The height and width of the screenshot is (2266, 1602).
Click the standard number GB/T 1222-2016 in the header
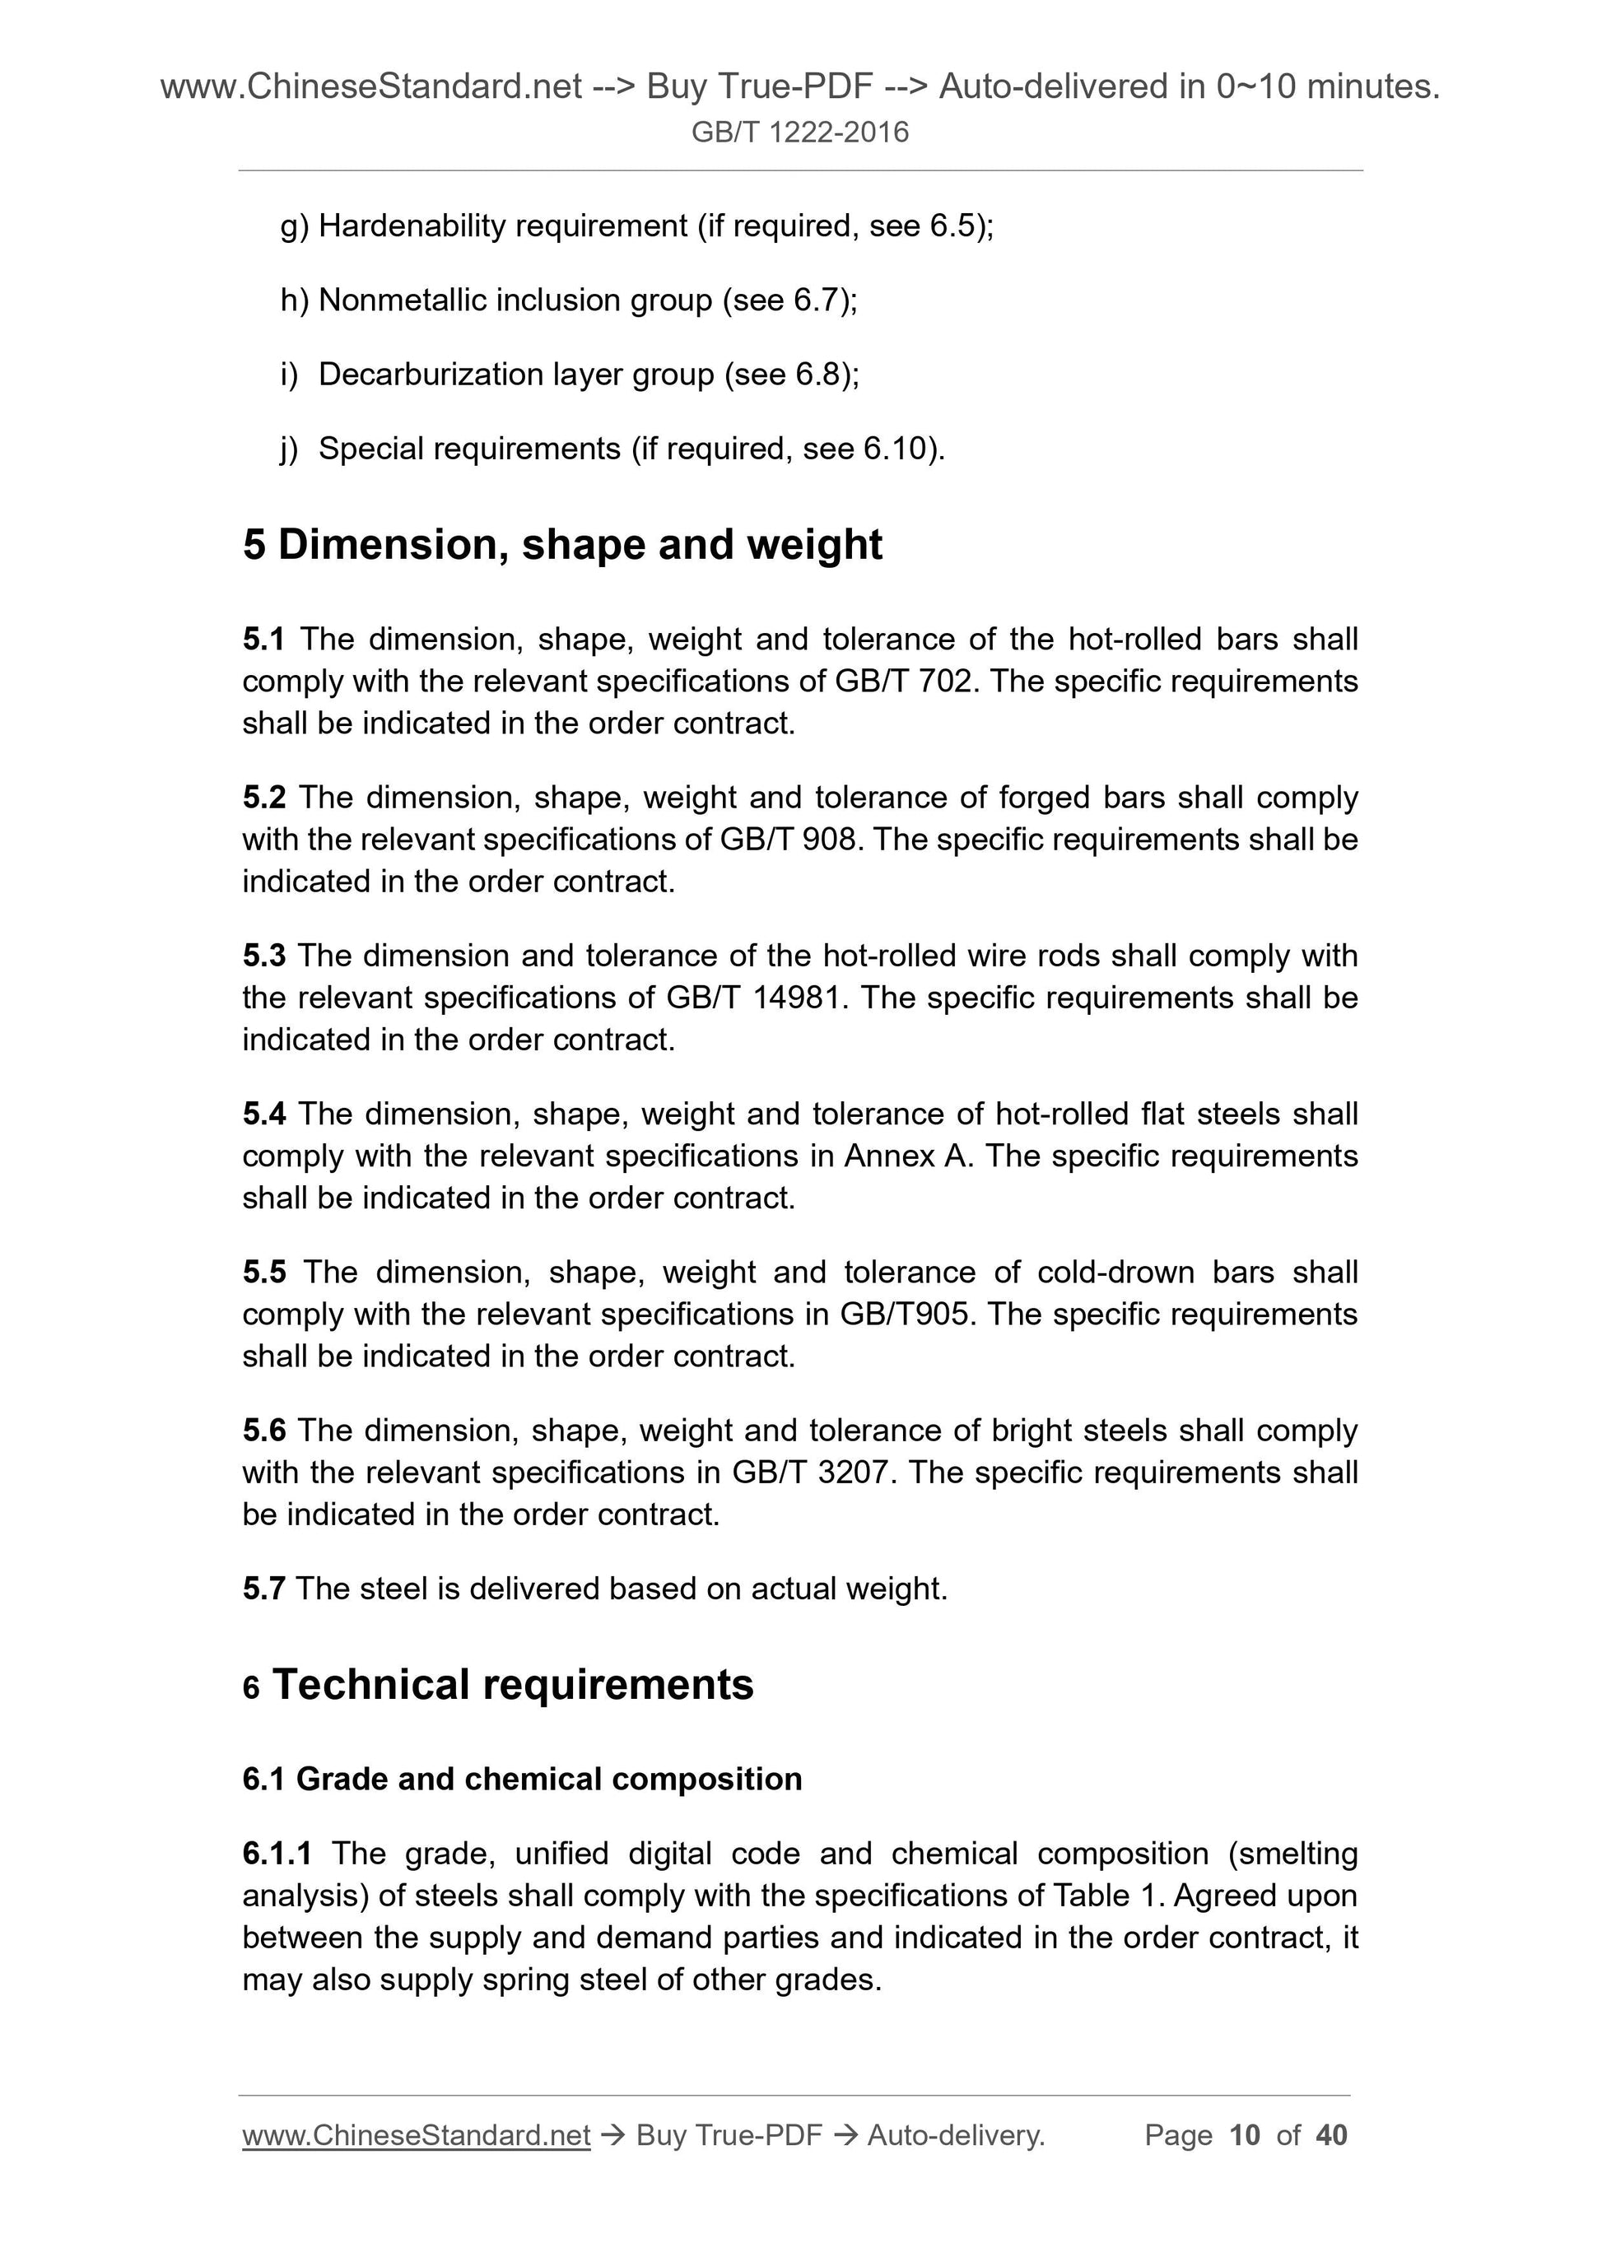pos(799,133)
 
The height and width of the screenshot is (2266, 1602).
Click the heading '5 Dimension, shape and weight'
pos(561,545)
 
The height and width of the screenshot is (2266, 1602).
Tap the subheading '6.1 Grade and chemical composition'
pos(522,1779)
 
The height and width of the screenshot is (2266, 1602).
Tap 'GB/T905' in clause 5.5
pos(903,1314)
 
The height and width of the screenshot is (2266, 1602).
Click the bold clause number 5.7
pos(263,1588)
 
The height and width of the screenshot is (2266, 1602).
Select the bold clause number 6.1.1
pos(277,1854)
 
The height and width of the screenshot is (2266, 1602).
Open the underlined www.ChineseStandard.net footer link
pos(416,2136)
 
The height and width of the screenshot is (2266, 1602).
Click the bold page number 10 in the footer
pos(1245,2136)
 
